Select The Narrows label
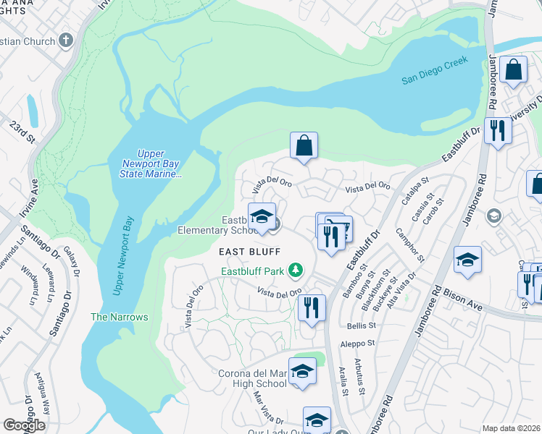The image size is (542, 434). [x=119, y=317]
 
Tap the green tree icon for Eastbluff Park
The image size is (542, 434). [x=295, y=271]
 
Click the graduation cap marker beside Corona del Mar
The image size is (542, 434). [x=302, y=372]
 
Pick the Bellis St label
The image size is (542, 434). [x=359, y=327]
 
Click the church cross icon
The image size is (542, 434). [x=67, y=41]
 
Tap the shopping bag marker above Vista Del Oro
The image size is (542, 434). [x=304, y=145]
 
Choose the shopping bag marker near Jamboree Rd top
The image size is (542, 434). [x=514, y=71]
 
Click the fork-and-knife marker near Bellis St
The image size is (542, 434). [x=312, y=307]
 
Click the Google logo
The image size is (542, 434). [x=24, y=425]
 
